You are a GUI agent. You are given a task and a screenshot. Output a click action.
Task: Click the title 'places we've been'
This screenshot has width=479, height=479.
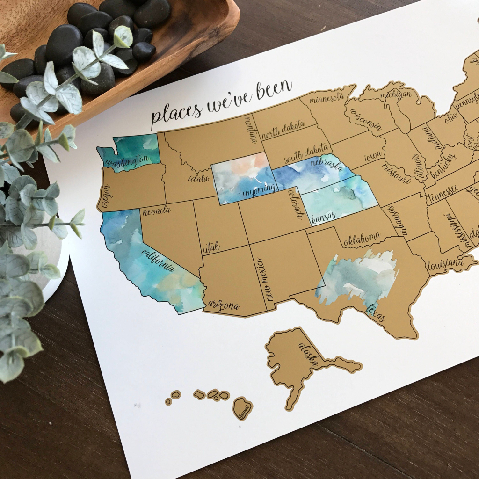[x=221, y=104]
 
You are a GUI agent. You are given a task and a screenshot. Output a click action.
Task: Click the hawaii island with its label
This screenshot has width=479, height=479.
[x=243, y=408]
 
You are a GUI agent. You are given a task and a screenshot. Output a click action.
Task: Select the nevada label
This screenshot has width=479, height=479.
[x=157, y=211]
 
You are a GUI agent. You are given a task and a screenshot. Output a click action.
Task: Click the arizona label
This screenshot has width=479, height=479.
[x=224, y=306]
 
